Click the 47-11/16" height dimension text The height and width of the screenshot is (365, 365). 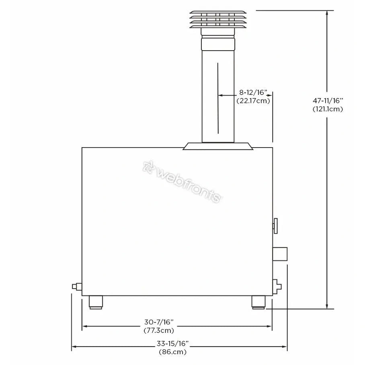(x=328, y=100)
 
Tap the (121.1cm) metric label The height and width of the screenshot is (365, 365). (x=328, y=109)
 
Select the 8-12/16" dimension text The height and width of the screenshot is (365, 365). (x=253, y=92)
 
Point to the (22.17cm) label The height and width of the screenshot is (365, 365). (x=253, y=101)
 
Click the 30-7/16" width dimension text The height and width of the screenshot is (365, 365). (x=159, y=322)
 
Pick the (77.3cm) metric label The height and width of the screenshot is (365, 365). (x=159, y=330)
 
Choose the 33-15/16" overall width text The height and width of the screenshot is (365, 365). (x=172, y=343)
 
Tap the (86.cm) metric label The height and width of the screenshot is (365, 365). (x=172, y=352)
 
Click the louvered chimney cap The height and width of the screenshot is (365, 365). (x=218, y=19)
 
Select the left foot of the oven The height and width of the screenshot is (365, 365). (x=96, y=302)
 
